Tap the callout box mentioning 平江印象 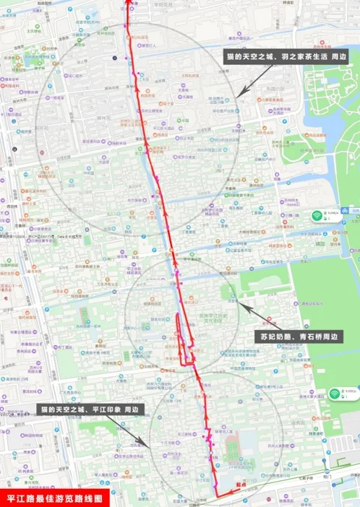[x=91, y=409]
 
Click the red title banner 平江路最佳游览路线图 [x=56, y=498]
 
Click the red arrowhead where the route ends [x=128, y=3]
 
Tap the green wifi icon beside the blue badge [x=317, y=215]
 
